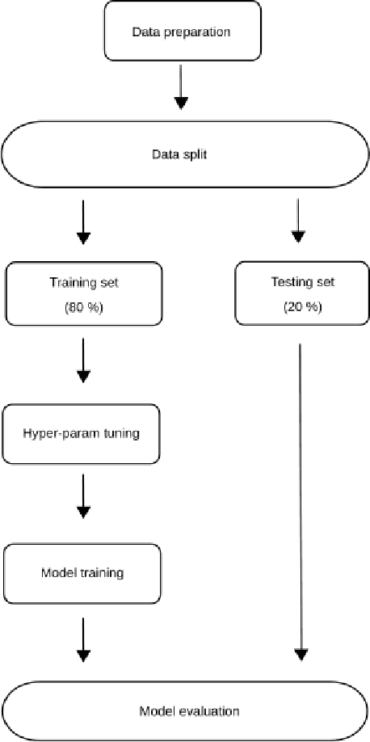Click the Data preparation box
click(181, 31)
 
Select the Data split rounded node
click(185, 154)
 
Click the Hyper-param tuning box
click(82, 433)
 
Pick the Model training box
click(82, 573)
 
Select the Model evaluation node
click(185, 711)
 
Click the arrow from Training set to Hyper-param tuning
click(82, 361)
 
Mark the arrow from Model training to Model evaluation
click(82, 639)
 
